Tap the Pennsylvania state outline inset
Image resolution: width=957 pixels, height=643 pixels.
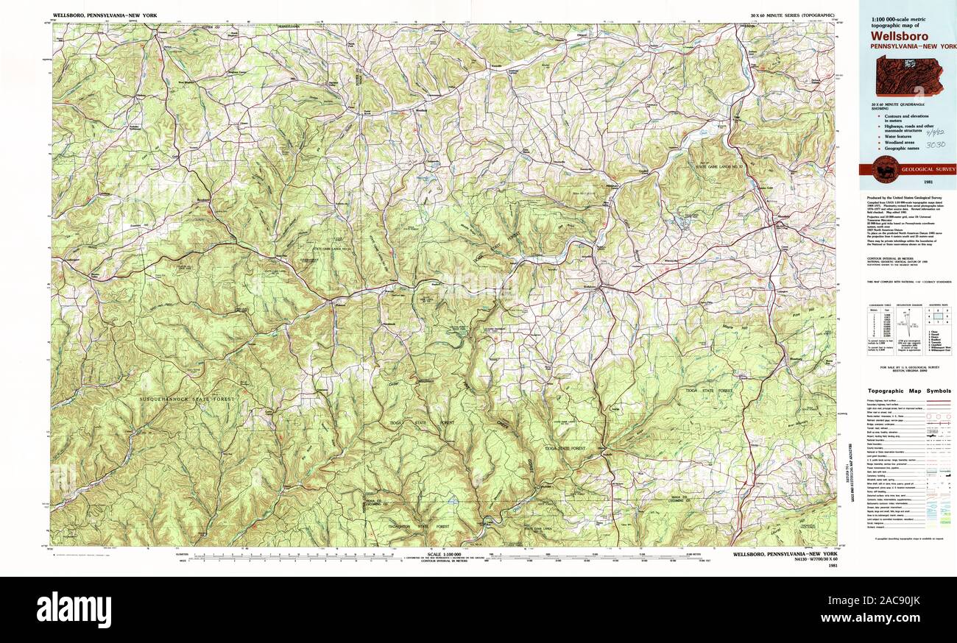909,77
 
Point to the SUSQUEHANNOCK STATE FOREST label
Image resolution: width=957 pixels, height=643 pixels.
187,399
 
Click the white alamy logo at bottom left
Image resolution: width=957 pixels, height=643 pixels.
74,610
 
